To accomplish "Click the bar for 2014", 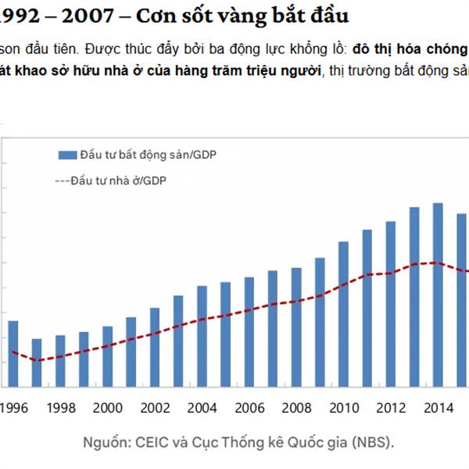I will (439, 295).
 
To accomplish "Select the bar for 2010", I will (343, 314).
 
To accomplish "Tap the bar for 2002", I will (155, 347).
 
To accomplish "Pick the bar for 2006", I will (249, 331).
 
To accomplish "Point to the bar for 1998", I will (60, 361).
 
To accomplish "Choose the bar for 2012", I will (391, 304).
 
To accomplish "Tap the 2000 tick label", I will (108, 407).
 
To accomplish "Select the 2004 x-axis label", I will (202, 407).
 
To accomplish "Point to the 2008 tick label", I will (297, 407).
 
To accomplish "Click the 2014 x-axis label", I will (439, 407).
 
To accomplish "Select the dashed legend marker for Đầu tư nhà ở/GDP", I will (62, 180).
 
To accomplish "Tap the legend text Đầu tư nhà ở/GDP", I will (118, 180).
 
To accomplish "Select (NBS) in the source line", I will (374, 442).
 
